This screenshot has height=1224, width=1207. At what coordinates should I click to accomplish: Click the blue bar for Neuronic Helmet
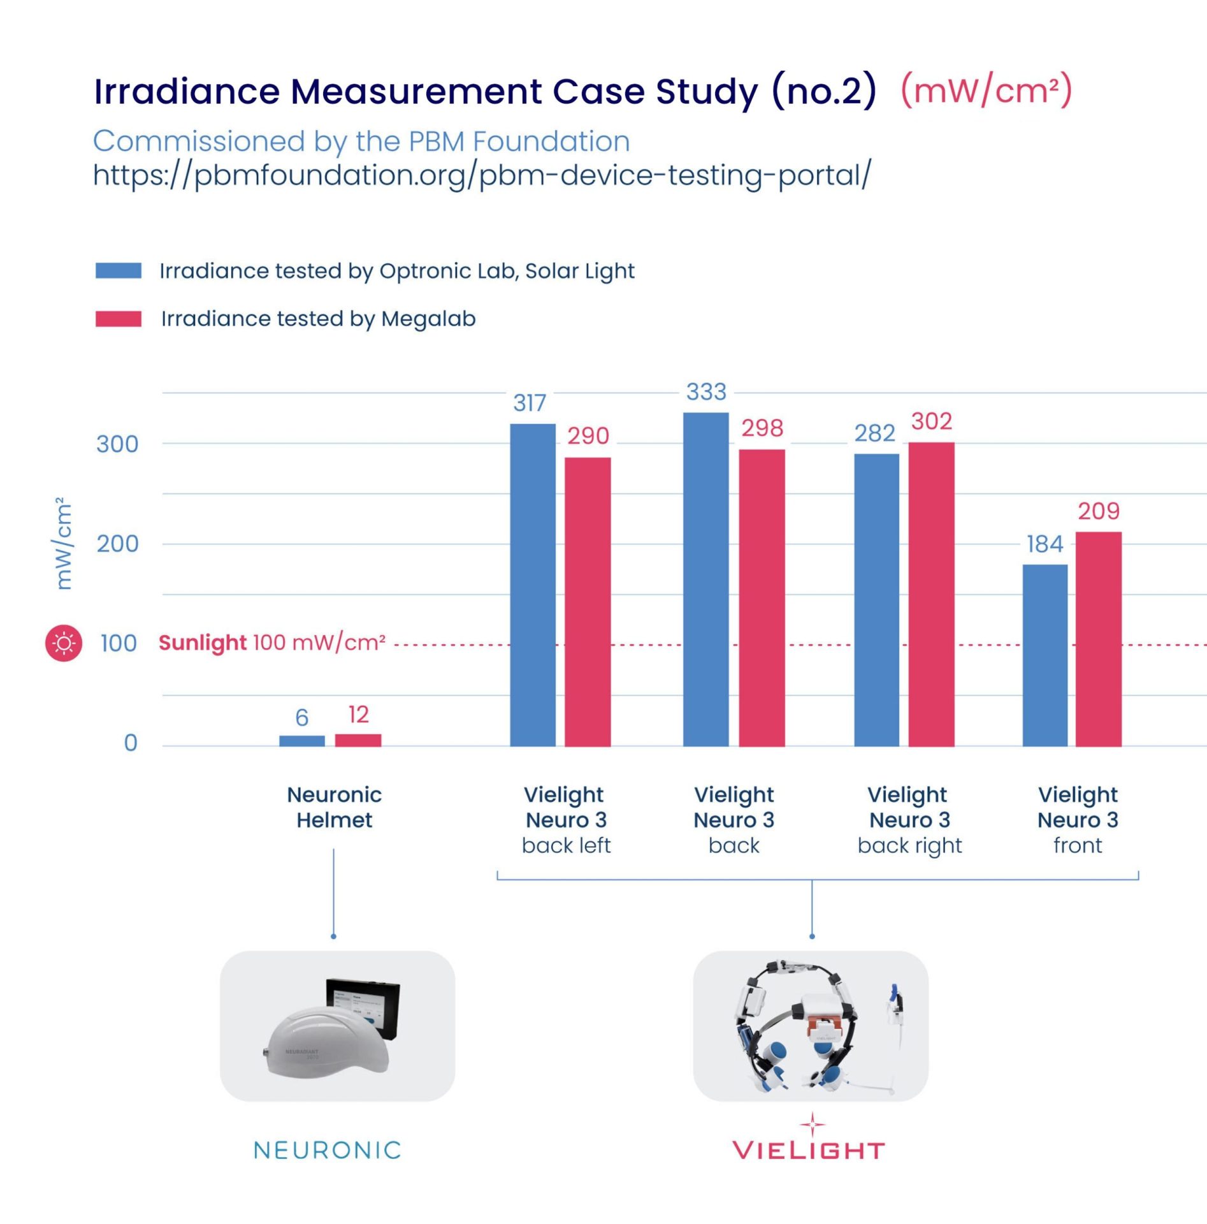(x=301, y=741)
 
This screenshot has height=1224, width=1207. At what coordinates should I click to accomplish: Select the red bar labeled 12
(x=358, y=740)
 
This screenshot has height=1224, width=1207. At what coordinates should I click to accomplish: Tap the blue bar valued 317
(x=532, y=585)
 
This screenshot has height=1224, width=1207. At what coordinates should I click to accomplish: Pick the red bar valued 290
(x=588, y=601)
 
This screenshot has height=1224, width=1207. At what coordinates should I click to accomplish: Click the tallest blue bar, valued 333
(x=705, y=579)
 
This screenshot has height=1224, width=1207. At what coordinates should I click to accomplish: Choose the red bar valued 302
(x=931, y=594)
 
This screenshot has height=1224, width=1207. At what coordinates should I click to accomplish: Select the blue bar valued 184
(x=1044, y=655)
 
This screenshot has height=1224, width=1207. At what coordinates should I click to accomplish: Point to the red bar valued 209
(x=1099, y=639)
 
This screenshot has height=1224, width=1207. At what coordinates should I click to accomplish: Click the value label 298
(x=762, y=428)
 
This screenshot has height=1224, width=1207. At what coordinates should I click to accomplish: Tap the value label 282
(x=874, y=433)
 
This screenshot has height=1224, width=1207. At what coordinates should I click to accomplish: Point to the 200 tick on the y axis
(x=117, y=544)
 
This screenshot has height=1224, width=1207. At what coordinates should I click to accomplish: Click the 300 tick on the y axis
(x=117, y=444)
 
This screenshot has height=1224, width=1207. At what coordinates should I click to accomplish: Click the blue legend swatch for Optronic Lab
(x=119, y=270)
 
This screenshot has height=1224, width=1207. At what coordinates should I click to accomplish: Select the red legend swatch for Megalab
(x=119, y=319)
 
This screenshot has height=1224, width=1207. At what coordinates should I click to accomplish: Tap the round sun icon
(x=64, y=643)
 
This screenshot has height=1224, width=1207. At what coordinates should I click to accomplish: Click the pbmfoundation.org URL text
(x=481, y=175)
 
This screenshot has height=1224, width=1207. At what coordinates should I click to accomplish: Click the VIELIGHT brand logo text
(x=809, y=1151)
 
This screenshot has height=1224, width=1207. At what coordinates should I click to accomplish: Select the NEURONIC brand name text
(x=328, y=1150)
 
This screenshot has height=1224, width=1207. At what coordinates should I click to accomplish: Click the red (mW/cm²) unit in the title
(x=986, y=91)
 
